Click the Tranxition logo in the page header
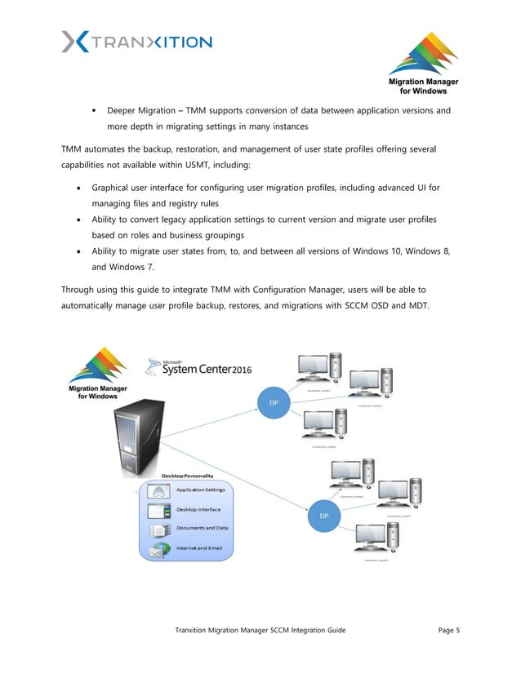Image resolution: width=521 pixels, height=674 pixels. click(x=136, y=42)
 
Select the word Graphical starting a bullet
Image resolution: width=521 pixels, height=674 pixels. click(x=124, y=188)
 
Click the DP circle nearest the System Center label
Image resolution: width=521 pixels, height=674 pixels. click(x=274, y=402)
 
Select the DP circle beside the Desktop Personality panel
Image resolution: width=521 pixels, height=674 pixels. click(x=323, y=516)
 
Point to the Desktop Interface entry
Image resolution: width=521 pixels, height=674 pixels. click(x=198, y=510)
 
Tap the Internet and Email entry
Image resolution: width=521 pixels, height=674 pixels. click(x=198, y=548)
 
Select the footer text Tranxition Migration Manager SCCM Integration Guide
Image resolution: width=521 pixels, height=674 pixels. click(x=260, y=631)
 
